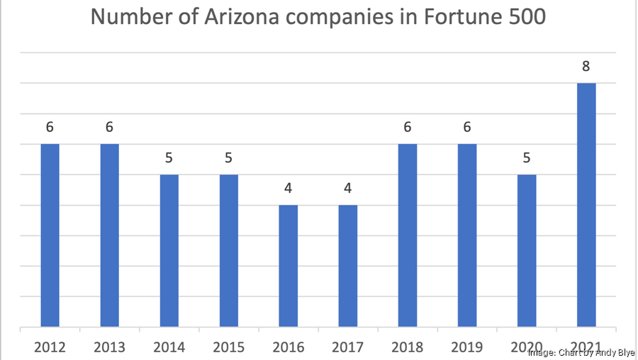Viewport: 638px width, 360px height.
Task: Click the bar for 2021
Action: click(x=586, y=206)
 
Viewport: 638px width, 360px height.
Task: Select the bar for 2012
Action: click(x=50, y=236)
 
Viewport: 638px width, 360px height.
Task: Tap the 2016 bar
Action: click(x=288, y=266)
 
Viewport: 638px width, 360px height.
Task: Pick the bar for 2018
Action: click(x=407, y=236)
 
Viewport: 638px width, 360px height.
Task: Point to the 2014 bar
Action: click(x=169, y=251)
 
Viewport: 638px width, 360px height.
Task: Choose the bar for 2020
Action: click(x=527, y=251)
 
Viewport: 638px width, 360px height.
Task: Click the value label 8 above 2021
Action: click(x=586, y=67)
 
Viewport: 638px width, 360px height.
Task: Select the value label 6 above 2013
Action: click(x=109, y=128)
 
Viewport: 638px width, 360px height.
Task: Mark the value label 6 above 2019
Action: click(x=466, y=128)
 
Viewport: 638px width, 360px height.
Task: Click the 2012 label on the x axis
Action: click(x=50, y=347)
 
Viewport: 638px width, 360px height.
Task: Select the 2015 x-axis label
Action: click(x=228, y=347)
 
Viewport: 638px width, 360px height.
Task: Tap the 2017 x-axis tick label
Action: click(x=347, y=347)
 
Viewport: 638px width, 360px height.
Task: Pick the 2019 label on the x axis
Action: click(x=466, y=347)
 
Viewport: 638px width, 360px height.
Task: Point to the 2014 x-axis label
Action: click(x=169, y=347)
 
